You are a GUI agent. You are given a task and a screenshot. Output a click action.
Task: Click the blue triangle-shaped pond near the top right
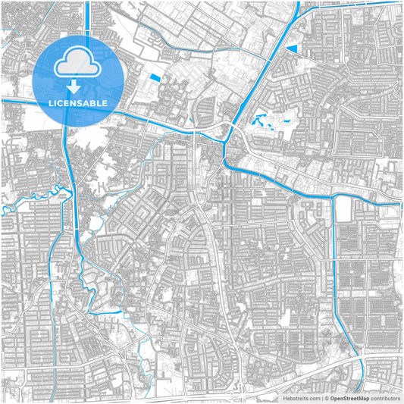tap(291, 49)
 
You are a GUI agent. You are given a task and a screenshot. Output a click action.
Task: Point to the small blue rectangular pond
tap(156, 77)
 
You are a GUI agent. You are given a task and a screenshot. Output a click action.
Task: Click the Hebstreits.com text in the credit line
tap(302, 398)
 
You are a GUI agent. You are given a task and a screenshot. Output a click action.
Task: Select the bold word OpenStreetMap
tap(349, 398)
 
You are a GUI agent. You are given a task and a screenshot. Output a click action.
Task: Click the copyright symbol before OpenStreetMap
tap(326, 398)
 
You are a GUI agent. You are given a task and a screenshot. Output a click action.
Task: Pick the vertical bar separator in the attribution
tap(321, 398)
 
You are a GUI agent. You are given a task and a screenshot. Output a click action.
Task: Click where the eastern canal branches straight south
tap(334, 196)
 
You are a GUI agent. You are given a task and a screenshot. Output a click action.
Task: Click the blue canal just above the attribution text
tap(363, 379)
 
